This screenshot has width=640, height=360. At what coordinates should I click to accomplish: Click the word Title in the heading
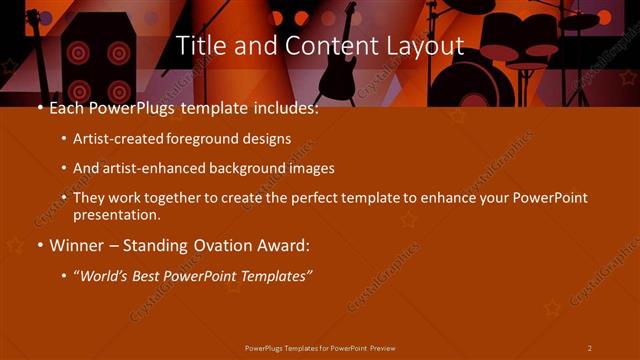(199, 46)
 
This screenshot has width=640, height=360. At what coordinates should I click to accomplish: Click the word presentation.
(117, 214)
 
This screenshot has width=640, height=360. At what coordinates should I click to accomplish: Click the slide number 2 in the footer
(590, 348)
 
